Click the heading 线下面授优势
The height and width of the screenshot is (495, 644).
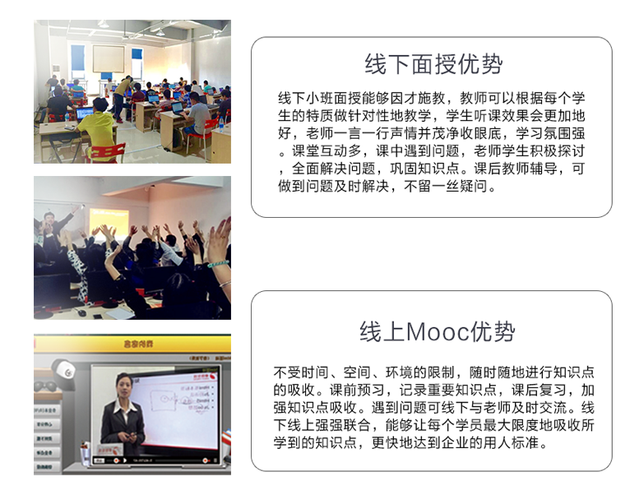433,64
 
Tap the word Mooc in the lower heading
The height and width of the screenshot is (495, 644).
438,331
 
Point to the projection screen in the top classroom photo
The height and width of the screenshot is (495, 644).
109,58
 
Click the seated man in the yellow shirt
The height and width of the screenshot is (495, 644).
96,128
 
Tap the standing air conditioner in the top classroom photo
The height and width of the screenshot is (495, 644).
56,73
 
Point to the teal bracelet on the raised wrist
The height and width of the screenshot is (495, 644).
218,264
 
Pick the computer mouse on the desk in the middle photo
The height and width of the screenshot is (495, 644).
81,312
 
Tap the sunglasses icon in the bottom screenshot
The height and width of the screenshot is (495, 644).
45,386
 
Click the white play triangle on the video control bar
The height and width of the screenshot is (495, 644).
125,461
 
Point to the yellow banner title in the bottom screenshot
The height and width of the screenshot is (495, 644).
138,344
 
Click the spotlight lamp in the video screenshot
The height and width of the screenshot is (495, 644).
64,373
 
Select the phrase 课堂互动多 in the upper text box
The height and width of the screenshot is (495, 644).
327,151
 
